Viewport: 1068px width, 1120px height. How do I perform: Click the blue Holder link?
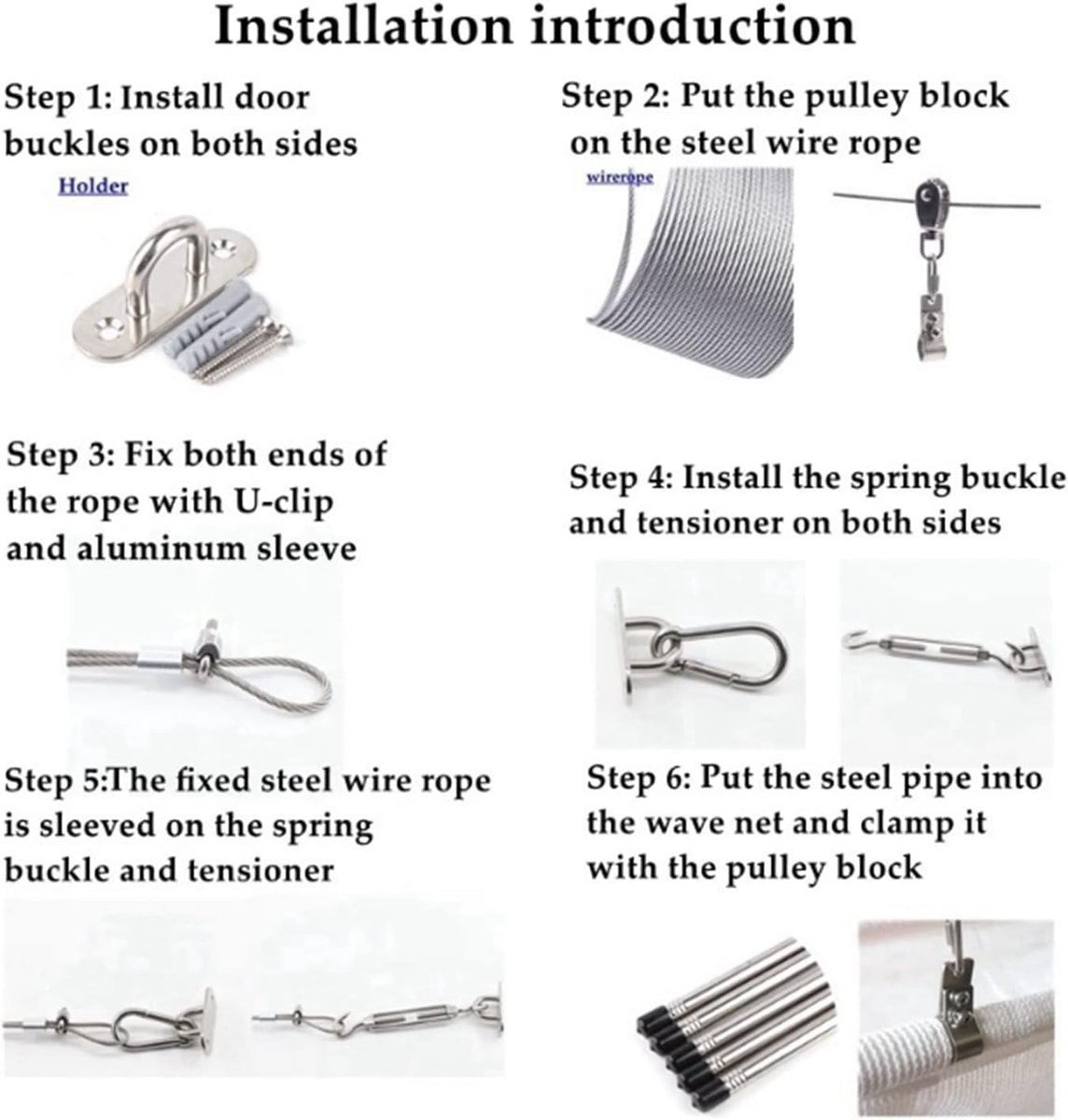[x=93, y=187]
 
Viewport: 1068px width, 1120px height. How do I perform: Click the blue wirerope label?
[x=620, y=177]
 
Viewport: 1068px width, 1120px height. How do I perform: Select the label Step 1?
[x=58, y=98]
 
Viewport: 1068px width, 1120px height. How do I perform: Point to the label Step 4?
[x=621, y=477]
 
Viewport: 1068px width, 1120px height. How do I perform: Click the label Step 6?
[x=639, y=777]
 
